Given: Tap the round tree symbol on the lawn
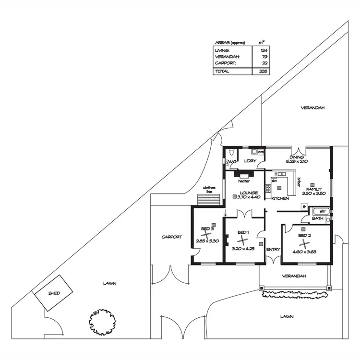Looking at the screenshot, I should (x=101, y=322).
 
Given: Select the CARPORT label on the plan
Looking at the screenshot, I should (x=171, y=237).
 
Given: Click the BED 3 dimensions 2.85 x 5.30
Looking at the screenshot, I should (x=207, y=241).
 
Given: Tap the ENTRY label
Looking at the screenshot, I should (x=273, y=249).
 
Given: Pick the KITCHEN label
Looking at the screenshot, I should (x=280, y=198).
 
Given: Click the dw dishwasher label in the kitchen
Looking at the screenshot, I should (x=275, y=180).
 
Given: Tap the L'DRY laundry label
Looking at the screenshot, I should (x=250, y=160).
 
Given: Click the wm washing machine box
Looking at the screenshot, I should (x=261, y=152).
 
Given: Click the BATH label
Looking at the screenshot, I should (x=317, y=218).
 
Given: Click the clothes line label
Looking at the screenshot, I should (x=209, y=189).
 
